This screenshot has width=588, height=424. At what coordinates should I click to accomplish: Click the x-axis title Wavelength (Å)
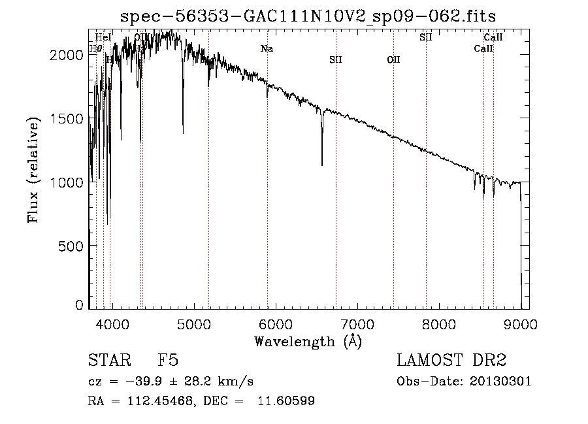click(308, 340)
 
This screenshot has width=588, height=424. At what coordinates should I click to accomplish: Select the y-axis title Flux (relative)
click(33, 169)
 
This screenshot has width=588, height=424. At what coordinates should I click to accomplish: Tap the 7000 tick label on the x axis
click(357, 323)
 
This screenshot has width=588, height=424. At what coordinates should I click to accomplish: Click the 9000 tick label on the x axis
click(521, 323)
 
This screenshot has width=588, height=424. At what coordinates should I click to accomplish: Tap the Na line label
click(267, 48)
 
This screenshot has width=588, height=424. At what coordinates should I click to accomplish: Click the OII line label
click(393, 59)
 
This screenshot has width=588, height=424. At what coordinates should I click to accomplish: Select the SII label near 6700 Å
click(336, 59)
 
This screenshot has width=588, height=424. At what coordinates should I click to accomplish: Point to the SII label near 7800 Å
click(426, 37)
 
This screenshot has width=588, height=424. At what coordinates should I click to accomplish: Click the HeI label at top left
click(103, 37)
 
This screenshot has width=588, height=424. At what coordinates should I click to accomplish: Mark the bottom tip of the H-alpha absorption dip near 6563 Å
click(322, 165)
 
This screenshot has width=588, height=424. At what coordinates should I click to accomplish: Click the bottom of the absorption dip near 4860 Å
click(183, 133)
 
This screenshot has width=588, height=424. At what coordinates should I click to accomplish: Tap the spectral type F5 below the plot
click(168, 361)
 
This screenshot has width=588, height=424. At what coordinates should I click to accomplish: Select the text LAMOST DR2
click(451, 361)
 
